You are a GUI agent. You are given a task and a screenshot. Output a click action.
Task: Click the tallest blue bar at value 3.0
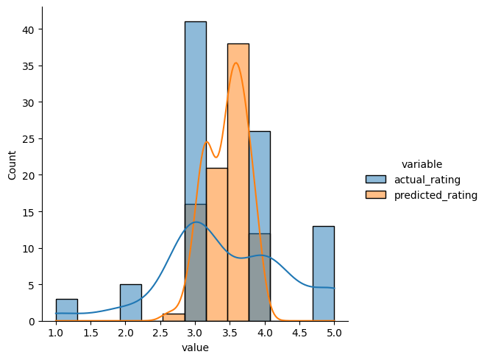click(x=195, y=110)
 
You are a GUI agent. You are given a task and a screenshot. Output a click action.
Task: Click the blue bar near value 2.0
click(x=131, y=303)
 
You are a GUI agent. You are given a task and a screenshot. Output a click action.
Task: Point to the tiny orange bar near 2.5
click(x=174, y=317)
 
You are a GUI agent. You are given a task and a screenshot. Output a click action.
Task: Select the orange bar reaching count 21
click(x=216, y=243)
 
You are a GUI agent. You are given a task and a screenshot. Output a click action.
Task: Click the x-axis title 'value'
click(x=195, y=348)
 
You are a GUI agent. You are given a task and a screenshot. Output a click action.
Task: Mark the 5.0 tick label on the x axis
click(x=334, y=333)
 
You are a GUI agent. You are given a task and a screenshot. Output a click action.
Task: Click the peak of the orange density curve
click(x=235, y=63)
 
